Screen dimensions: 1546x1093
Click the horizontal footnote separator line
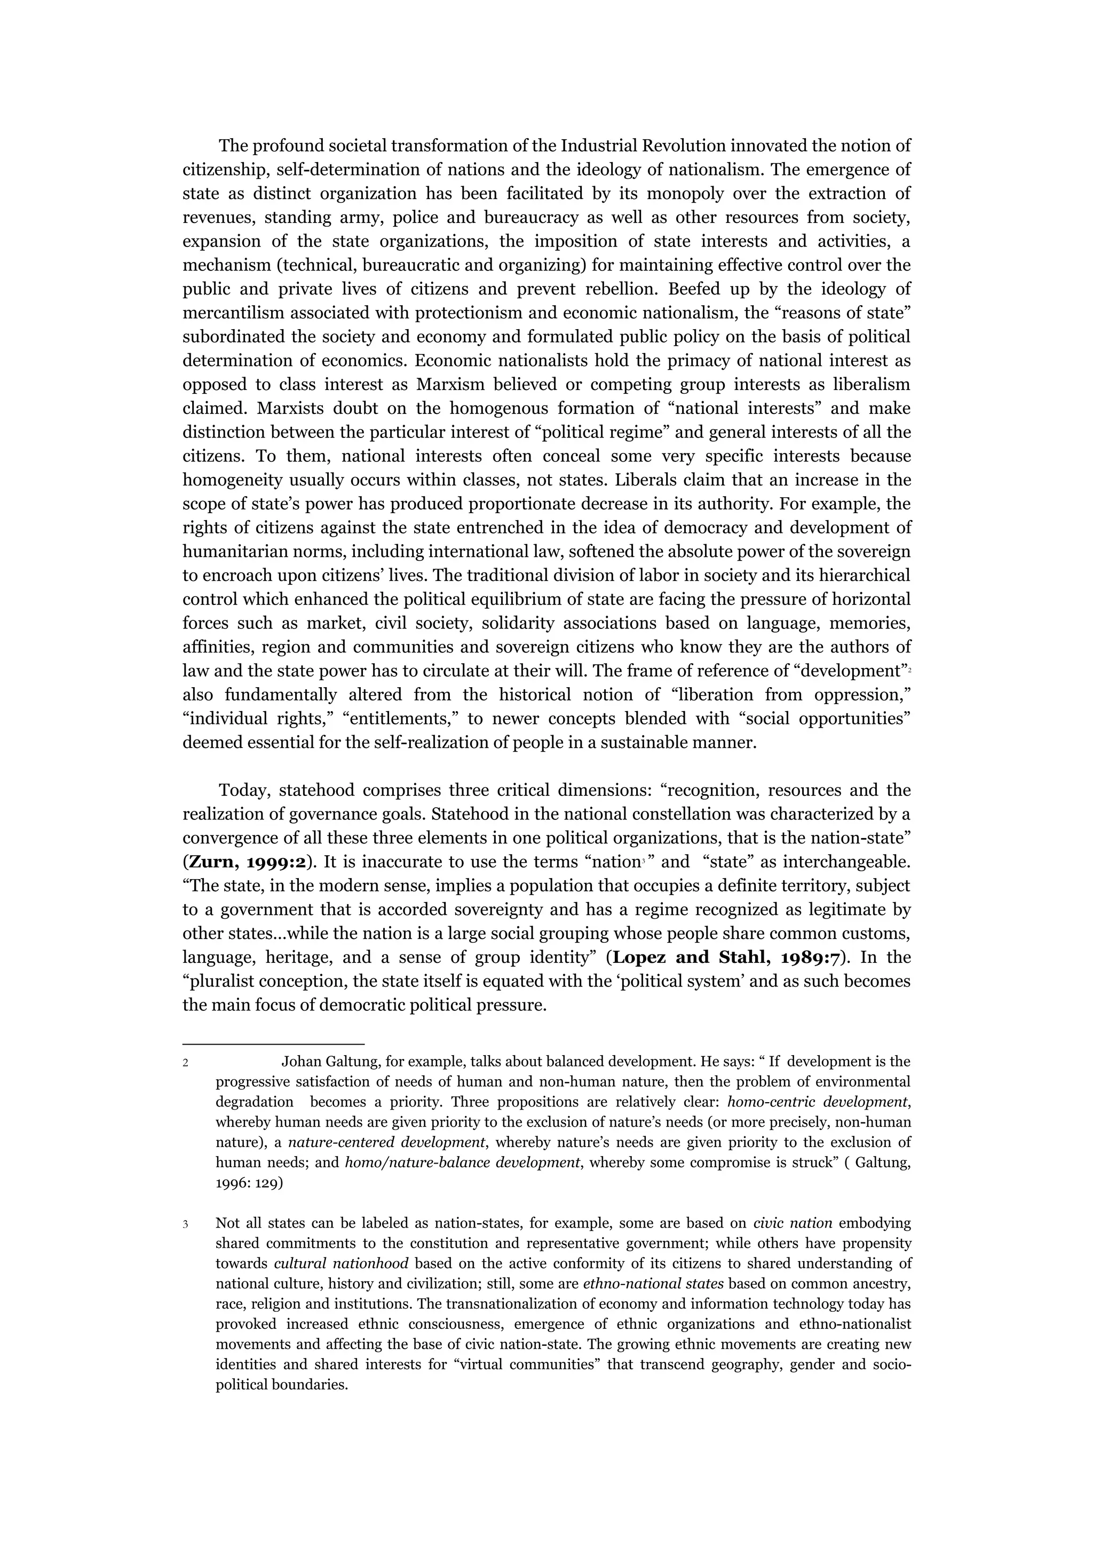(273, 1043)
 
